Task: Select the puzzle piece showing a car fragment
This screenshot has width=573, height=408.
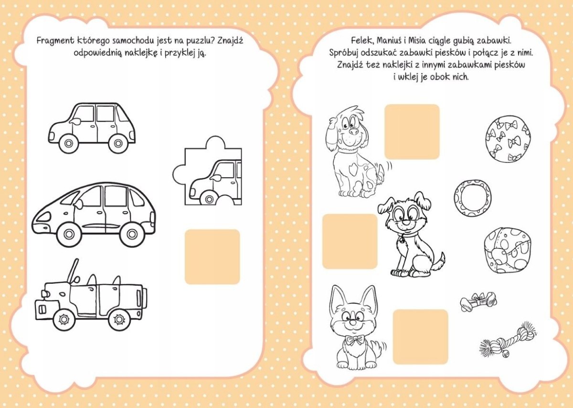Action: click(x=207, y=171)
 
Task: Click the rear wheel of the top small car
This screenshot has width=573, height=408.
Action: click(x=118, y=143)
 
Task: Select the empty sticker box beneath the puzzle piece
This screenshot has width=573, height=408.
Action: click(x=212, y=257)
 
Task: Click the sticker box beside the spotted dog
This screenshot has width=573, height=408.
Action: click(x=412, y=131)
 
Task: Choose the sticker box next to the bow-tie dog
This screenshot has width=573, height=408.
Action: click(x=421, y=337)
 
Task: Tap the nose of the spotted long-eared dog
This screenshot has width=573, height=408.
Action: click(x=354, y=131)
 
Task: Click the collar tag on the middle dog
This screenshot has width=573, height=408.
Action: click(x=402, y=240)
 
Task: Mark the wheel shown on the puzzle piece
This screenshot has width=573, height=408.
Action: click(x=209, y=199)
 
